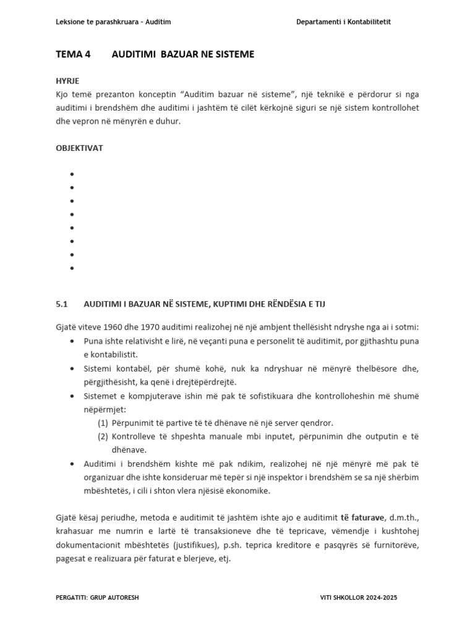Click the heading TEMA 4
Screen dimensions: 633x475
[x=73, y=54]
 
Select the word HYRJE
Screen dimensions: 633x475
[x=67, y=81]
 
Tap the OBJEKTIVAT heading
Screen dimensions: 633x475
[x=79, y=148]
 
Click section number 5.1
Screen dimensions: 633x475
[x=61, y=304]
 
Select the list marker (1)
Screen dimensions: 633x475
[x=103, y=423]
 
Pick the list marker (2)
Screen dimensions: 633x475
[x=103, y=436]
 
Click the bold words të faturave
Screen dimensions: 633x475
[x=363, y=517]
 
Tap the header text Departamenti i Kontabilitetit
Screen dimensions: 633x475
[x=343, y=22]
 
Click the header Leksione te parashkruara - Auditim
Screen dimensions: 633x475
[x=113, y=22]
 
